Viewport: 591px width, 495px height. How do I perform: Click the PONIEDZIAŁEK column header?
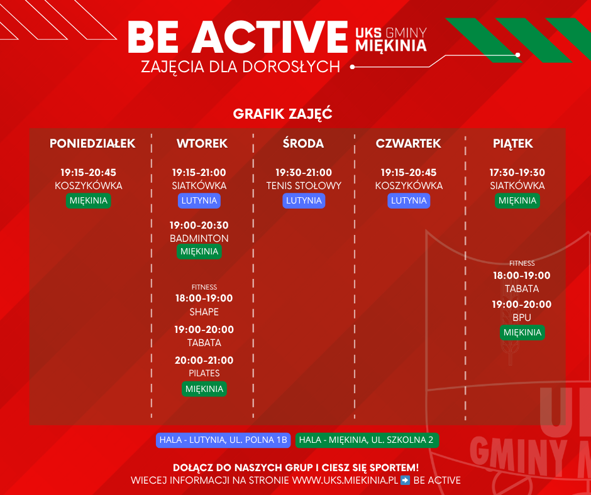[x=92, y=143]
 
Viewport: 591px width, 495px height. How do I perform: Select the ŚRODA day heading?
[x=304, y=143]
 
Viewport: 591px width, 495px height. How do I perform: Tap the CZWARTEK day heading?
[x=408, y=143]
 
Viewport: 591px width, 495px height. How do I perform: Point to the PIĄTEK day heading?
[x=513, y=144]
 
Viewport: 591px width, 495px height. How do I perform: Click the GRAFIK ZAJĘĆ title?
[x=283, y=114]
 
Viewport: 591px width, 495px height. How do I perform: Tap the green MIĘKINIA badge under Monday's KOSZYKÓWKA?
[x=89, y=200]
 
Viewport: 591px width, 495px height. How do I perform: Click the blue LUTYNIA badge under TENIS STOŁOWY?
[x=304, y=200]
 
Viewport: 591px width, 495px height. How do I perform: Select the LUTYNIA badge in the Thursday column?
[x=409, y=200]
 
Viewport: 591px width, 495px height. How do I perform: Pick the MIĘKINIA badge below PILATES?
[x=204, y=389]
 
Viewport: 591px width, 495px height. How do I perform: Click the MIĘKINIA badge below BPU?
[x=522, y=332]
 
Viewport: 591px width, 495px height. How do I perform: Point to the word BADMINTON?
[x=199, y=239]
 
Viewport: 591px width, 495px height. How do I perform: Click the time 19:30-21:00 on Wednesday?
[x=304, y=173]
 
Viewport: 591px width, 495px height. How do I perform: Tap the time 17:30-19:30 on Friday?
[x=517, y=173]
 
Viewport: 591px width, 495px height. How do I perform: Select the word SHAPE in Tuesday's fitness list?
[x=204, y=312]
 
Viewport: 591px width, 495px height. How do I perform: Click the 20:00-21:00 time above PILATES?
[x=204, y=361]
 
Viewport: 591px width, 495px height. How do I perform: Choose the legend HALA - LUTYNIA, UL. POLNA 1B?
[x=223, y=440]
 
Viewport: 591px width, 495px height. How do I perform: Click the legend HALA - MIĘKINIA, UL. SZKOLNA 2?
[x=367, y=440]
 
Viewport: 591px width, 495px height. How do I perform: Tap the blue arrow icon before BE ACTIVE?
[x=405, y=481]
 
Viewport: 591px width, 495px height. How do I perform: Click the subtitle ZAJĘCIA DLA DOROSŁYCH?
[x=240, y=67]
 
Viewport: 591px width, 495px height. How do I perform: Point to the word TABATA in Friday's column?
[x=522, y=289]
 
